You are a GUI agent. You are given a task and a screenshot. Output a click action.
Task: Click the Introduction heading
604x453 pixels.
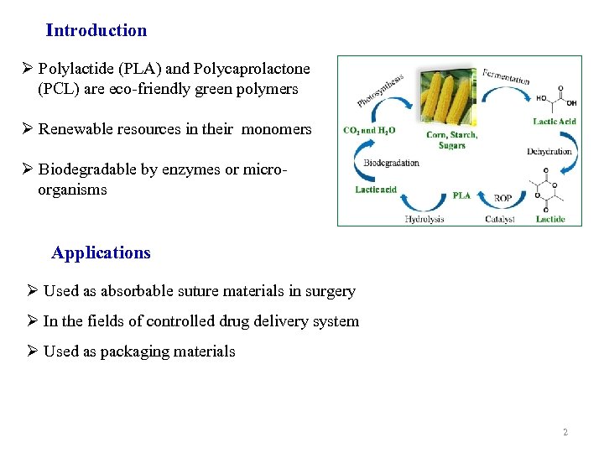[x=96, y=30]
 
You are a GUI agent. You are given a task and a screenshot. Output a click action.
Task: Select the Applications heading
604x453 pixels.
[x=101, y=253]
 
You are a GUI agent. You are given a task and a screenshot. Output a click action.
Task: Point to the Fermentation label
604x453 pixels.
[x=506, y=75]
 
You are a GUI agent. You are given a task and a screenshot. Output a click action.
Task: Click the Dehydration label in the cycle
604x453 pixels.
[x=549, y=152]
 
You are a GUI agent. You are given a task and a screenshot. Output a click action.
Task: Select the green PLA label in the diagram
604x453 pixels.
[x=461, y=195]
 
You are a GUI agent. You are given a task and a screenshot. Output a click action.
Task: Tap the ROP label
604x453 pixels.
[x=502, y=199]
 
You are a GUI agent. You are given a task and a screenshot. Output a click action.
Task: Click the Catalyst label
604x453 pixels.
[x=500, y=219]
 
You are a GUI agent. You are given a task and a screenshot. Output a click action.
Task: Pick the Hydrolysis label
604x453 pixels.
[x=424, y=219]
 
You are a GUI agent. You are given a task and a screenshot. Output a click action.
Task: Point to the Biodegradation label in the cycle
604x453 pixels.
[x=391, y=163]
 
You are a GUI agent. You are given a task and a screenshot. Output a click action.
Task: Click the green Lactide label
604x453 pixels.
[x=550, y=219]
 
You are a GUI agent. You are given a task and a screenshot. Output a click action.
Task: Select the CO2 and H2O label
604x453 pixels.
[x=369, y=130]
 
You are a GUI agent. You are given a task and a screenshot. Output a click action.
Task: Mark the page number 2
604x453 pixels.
[x=565, y=432]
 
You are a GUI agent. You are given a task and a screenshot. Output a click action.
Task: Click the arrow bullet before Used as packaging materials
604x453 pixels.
[x=32, y=351]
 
